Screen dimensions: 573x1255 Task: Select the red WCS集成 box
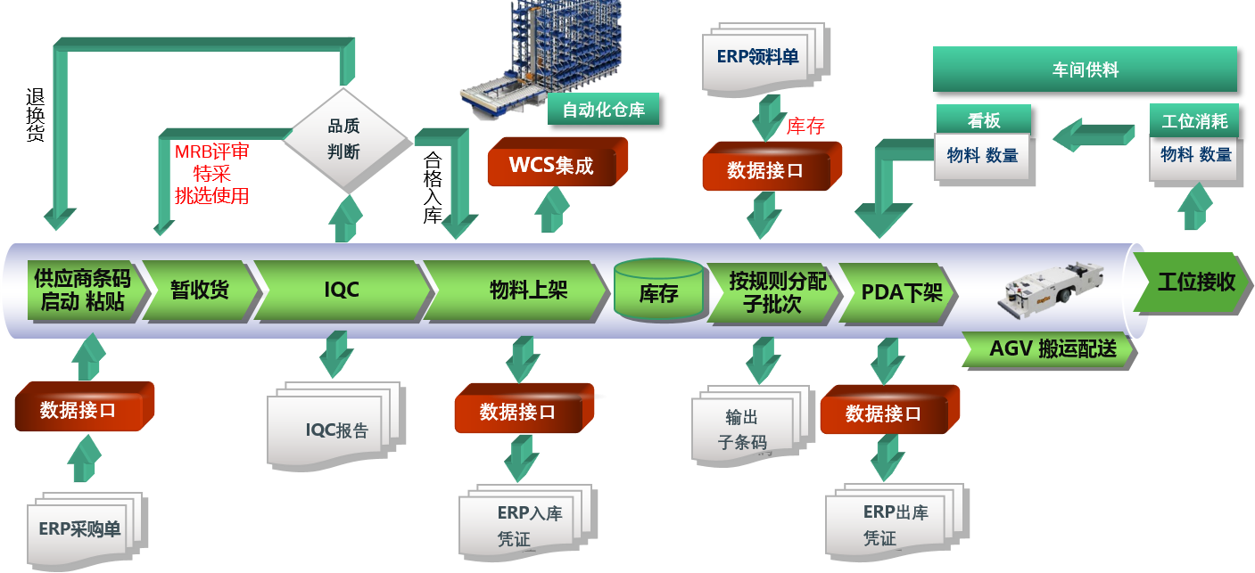pyautogui.click(x=557, y=164)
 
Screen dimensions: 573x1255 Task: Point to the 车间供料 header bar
pyautogui.click(x=1085, y=70)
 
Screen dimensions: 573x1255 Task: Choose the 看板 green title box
pyautogui.click(x=983, y=119)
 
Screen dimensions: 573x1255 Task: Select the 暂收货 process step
pyautogui.click(x=199, y=291)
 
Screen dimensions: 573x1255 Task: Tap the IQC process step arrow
pyautogui.click(x=341, y=291)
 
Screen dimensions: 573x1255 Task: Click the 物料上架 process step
pyautogui.click(x=526, y=291)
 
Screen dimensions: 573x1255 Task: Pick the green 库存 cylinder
pyautogui.click(x=658, y=291)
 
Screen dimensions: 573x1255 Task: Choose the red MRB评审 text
pyautogui.click(x=211, y=151)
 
